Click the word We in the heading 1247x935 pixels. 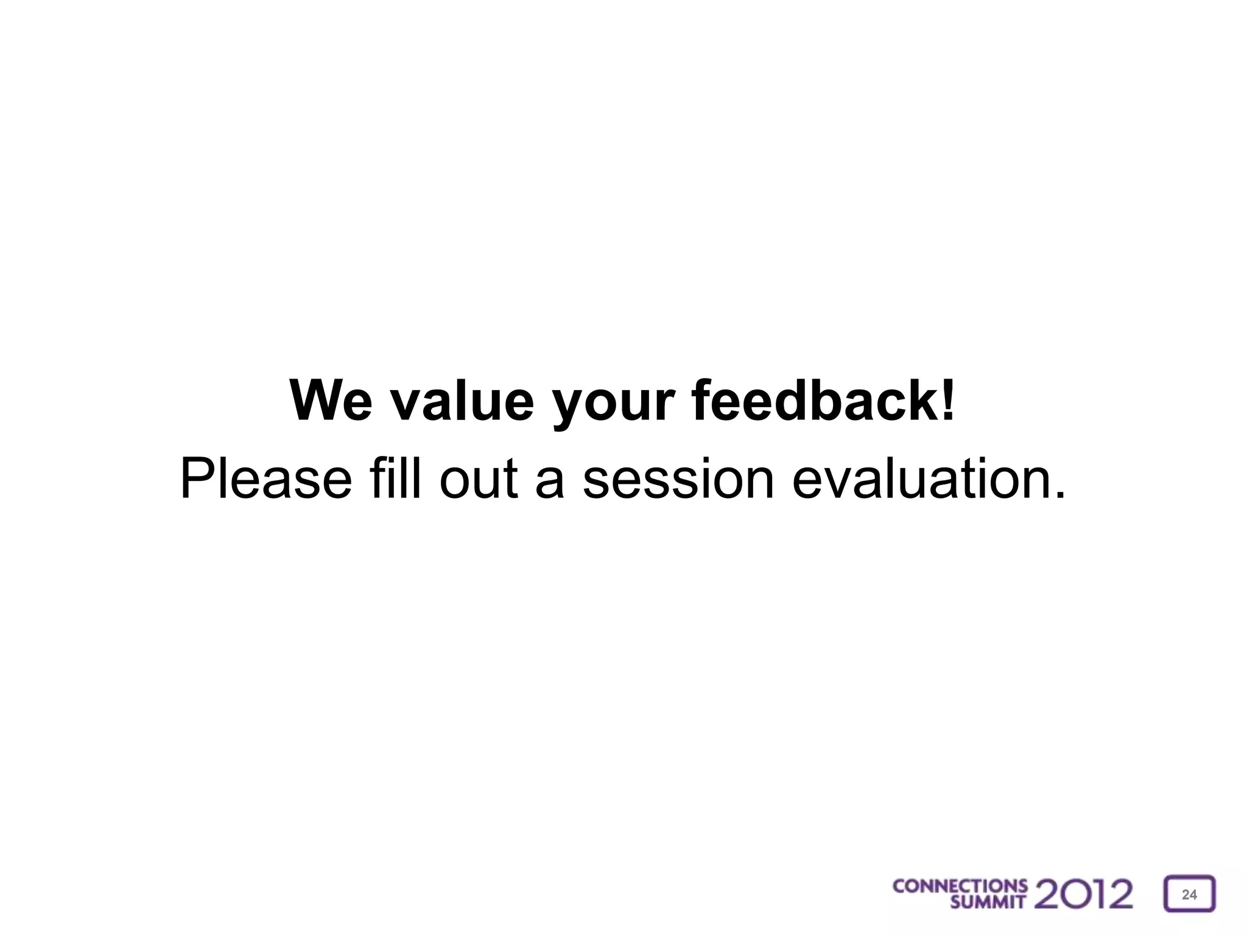click(x=331, y=401)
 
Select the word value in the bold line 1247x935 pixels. click(x=462, y=401)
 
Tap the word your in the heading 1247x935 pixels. click(x=613, y=405)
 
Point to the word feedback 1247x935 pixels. click(x=816, y=401)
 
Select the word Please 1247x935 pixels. click(x=266, y=479)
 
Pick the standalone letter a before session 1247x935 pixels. click(x=550, y=484)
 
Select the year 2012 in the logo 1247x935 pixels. click(x=1084, y=894)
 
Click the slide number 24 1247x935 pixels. click(x=1189, y=894)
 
